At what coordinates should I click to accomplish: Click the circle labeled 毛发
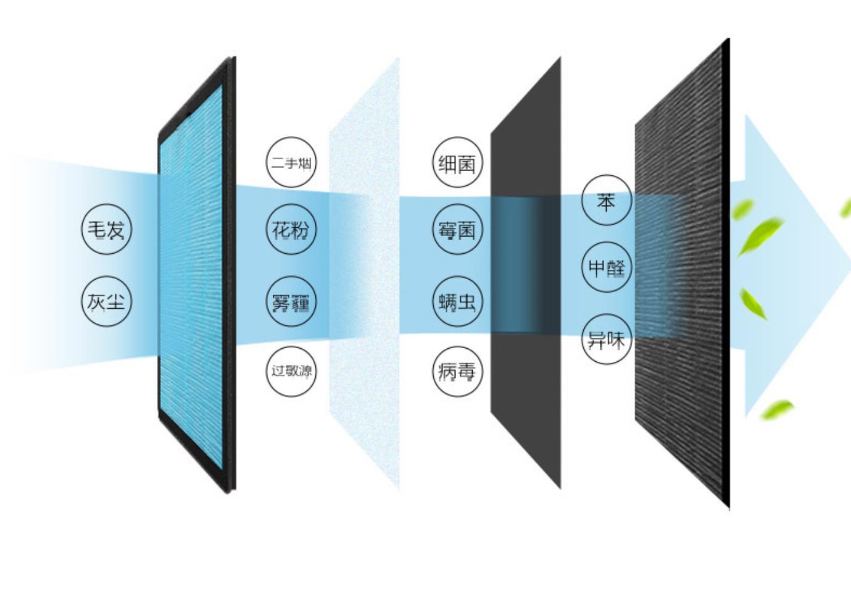[x=107, y=229]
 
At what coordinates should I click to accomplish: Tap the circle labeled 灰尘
[x=107, y=301]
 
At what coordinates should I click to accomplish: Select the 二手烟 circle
[x=291, y=162]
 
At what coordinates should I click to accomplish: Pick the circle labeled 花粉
[x=291, y=229]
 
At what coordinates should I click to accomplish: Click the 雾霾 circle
[x=291, y=301]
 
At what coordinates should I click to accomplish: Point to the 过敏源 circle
[x=291, y=371]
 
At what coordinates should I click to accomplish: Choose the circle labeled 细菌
[x=458, y=162]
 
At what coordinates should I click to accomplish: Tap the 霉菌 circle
[x=458, y=229]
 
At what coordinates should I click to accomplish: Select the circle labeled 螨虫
[x=458, y=301]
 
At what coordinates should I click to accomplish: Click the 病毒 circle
[x=458, y=371]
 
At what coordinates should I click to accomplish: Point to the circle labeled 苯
[x=607, y=200]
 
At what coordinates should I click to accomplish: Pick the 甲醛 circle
[x=607, y=267]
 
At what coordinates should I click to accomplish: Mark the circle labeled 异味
[x=607, y=339]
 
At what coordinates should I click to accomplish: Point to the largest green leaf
[x=760, y=236]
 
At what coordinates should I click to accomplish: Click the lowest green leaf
[x=777, y=409]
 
